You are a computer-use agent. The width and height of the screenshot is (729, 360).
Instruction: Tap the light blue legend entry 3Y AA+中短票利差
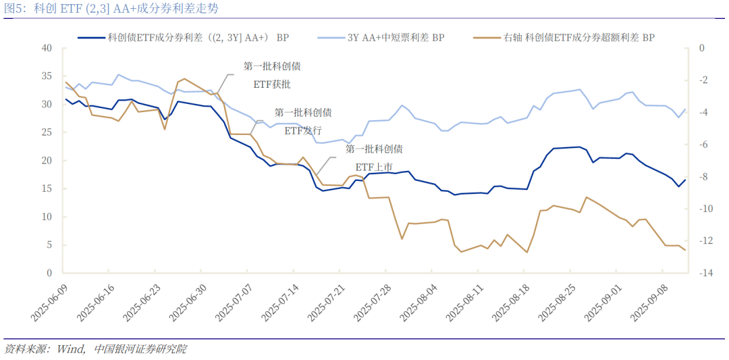[x=396, y=38]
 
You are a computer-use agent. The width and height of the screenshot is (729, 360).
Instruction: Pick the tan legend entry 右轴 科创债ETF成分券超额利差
[x=578, y=38]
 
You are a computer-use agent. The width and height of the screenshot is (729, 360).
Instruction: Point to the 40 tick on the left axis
[x=47, y=48]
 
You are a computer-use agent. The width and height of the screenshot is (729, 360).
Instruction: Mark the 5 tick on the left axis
[x=49, y=245]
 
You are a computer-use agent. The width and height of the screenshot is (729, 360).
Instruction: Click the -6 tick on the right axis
[x=701, y=145]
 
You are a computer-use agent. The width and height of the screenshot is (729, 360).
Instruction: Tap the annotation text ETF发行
[x=303, y=130]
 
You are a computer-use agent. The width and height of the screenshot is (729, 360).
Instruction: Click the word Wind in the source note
[x=70, y=349]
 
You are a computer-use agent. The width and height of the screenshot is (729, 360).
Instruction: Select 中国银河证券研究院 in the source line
[x=140, y=349]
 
